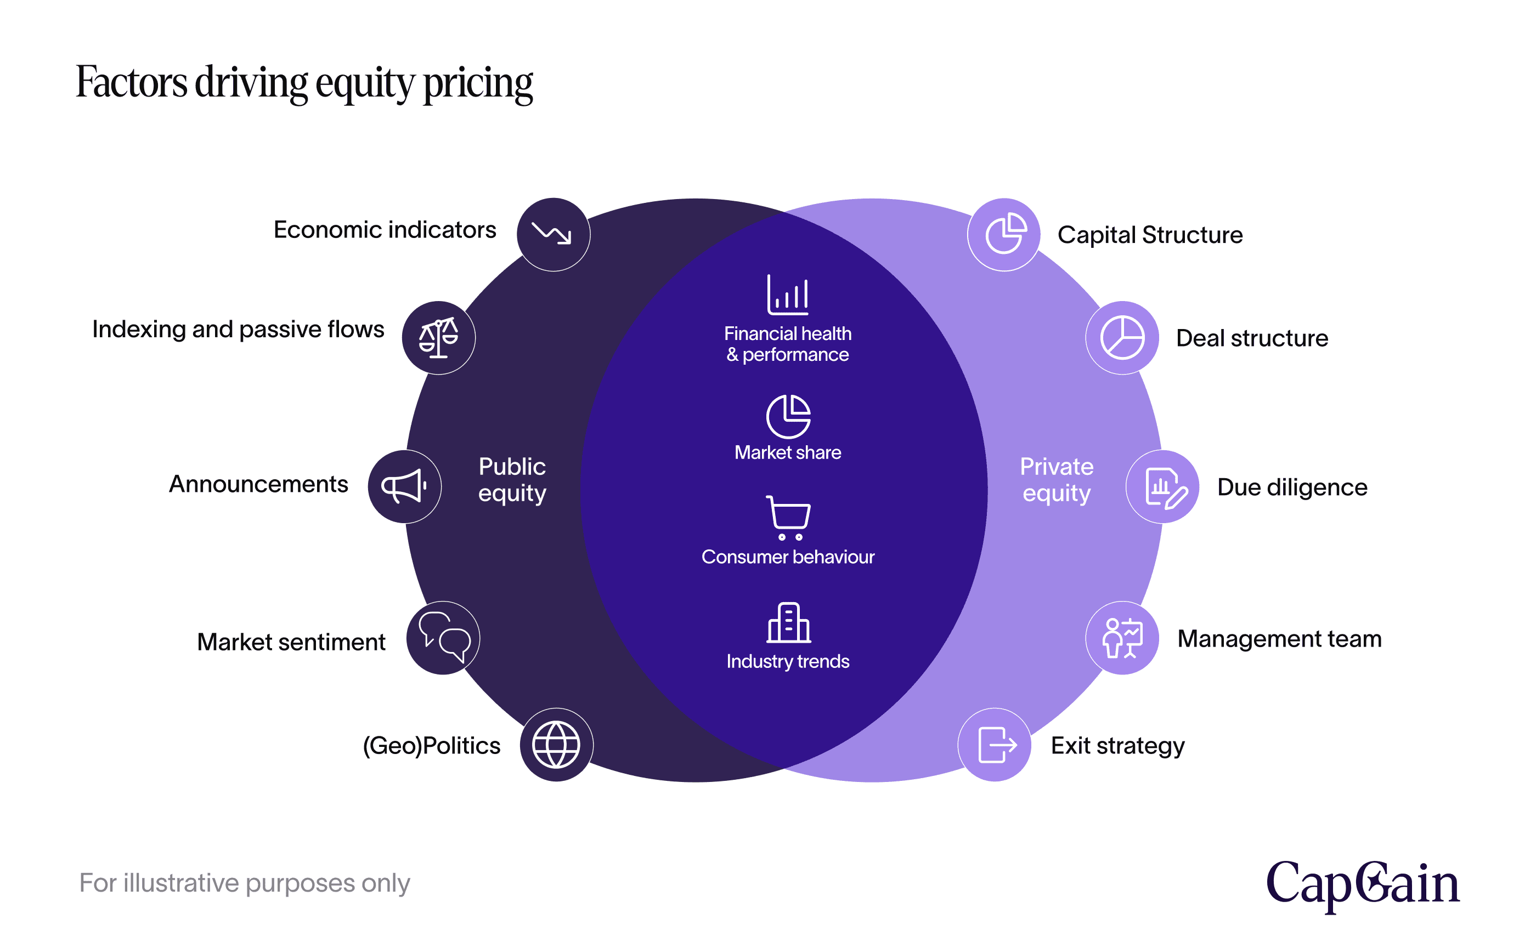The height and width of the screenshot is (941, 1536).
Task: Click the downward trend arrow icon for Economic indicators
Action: [x=553, y=234]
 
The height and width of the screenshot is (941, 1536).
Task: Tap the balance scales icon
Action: [x=438, y=338]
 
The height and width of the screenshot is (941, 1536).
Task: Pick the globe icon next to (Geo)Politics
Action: [x=556, y=744]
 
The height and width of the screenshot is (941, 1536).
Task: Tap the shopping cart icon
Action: [x=788, y=517]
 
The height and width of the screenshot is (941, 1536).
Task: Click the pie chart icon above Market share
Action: [x=788, y=416]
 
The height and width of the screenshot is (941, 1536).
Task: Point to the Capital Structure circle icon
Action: [x=1004, y=234]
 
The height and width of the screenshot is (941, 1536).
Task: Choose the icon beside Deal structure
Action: [x=1122, y=338]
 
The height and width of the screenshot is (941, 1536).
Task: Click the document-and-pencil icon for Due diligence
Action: [x=1162, y=487]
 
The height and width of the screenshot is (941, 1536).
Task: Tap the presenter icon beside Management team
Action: [x=1122, y=638]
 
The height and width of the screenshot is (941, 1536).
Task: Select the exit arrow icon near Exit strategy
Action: [x=995, y=744]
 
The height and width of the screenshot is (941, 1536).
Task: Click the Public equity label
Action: [x=512, y=479]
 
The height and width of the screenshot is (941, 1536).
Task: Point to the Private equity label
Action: [x=1056, y=479]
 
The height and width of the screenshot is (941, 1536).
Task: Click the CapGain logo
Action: [x=1363, y=885]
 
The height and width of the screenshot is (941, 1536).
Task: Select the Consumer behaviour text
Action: [x=788, y=557]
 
